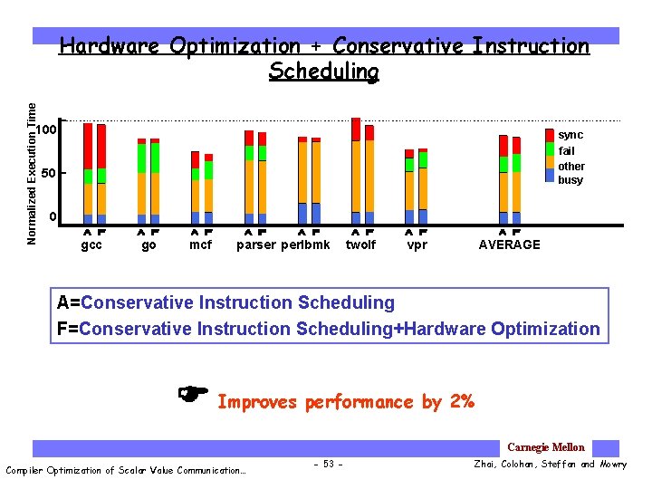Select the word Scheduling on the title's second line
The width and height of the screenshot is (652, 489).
point(323,71)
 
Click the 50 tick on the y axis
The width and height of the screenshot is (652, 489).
point(50,173)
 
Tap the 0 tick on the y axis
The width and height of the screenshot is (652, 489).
point(53,217)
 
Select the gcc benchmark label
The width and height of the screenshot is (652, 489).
point(91,245)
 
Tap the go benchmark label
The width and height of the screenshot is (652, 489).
point(149,245)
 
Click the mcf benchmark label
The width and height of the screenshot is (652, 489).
point(201,245)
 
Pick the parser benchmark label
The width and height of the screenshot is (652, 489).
point(256,245)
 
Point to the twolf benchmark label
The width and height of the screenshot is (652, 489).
point(360,245)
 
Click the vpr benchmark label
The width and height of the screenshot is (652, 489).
point(417,245)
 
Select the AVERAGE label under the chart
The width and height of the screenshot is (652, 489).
point(509,245)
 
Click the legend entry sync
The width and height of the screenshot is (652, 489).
point(570,135)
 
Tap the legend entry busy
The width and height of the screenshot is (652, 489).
point(570,180)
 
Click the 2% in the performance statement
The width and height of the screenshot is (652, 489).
point(461,402)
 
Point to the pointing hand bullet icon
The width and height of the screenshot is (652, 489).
point(193,393)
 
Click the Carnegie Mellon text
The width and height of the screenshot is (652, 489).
point(546,447)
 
